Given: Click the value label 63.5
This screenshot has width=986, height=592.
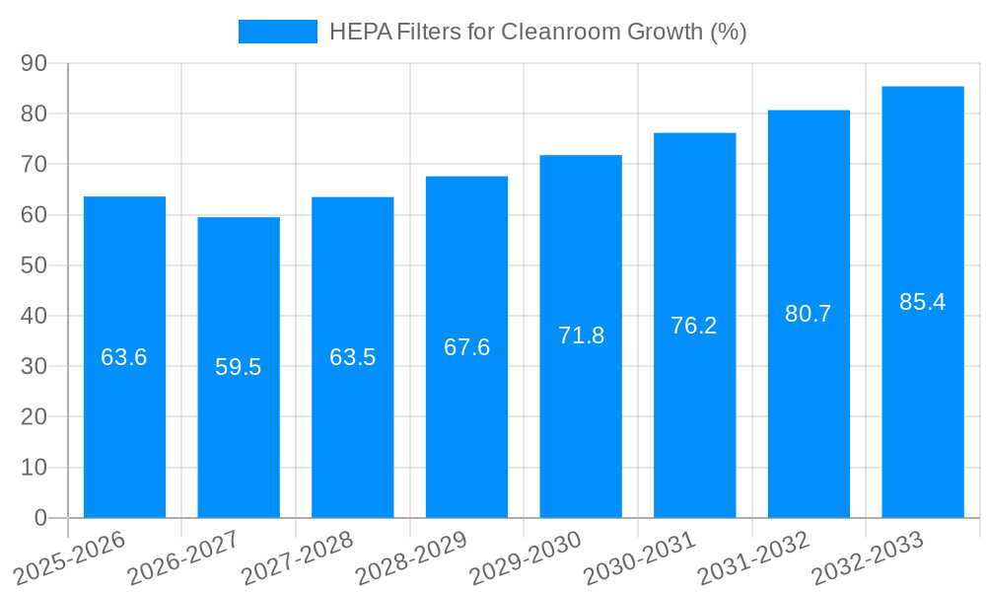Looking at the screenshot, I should [x=353, y=357].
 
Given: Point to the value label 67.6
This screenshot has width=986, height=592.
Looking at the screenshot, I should [x=466, y=347].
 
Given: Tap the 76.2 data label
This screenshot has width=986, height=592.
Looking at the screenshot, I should [x=694, y=326].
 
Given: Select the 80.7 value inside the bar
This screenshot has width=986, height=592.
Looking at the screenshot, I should [x=809, y=314].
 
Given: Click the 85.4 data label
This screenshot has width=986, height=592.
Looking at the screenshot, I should [x=923, y=302].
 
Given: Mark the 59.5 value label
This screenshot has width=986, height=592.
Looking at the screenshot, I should [x=239, y=367].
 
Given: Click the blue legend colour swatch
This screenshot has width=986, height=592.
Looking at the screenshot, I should [x=278, y=32].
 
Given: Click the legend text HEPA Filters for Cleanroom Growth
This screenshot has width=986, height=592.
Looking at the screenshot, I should [x=537, y=32].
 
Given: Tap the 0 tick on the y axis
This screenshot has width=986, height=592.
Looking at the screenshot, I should [x=40, y=518].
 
